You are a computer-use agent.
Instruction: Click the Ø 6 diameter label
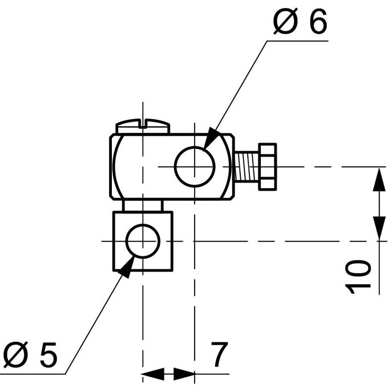(x=300, y=22)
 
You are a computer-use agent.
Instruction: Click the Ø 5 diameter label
(x=30, y=354)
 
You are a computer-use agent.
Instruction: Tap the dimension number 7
(x=219, y=354)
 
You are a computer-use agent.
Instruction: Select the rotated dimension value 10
(x=358, y=276)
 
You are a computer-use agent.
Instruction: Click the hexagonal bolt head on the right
(x=268, y=167)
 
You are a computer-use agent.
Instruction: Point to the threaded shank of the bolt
(x=246, y=167)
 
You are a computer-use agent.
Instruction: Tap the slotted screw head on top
(x=143, y=126)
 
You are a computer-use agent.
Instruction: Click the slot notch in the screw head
(x=143, y=123)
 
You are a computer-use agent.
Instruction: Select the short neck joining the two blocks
(x=143, y=205)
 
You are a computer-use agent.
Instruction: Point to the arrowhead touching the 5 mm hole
(x=127, y=267)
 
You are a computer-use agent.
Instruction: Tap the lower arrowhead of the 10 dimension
(x=379, y=228)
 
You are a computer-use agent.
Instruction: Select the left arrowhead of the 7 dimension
(x=152, y=374)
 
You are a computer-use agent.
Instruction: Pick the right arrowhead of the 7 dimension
(x=184, y=374)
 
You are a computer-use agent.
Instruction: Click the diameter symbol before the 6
(x=285, y=22)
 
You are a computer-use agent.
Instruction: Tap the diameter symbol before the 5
(x=15, y=354)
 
